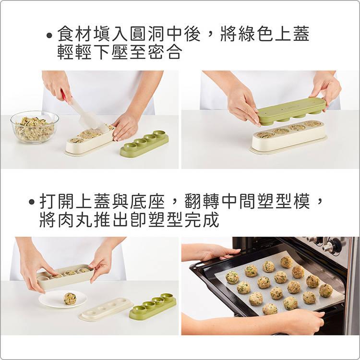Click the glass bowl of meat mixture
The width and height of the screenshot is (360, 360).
[34, 127]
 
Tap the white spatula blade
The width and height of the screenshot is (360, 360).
[87, 117]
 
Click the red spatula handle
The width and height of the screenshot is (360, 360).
[63, 95]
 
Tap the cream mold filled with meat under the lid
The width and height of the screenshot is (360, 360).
[288, 136]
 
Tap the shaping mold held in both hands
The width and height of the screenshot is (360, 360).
[65, 276]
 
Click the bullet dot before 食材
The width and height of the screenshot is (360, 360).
[48, 36]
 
